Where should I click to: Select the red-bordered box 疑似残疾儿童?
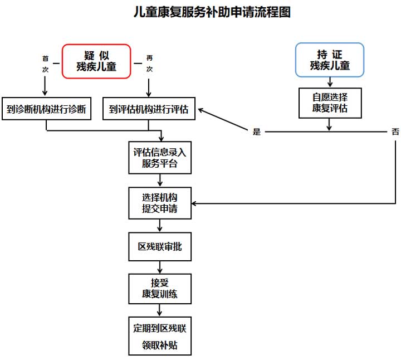(96, 61)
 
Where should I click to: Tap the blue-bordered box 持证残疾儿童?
(330, 60)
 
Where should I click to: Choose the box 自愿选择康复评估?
(330, 103)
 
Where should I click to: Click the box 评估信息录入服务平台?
(160, 158)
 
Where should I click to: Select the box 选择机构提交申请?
(160, 203)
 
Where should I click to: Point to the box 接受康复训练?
(160, 288)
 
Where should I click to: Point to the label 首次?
(46, 64)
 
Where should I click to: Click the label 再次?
(149, 64)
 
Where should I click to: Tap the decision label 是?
(257, 132)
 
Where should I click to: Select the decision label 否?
(395, 132)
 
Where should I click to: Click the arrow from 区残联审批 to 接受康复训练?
(160, 267)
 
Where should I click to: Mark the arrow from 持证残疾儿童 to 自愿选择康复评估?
(330, 82)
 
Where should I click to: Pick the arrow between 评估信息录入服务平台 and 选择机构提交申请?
(160, 181)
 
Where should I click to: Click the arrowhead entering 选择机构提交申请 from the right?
(197, 203)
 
